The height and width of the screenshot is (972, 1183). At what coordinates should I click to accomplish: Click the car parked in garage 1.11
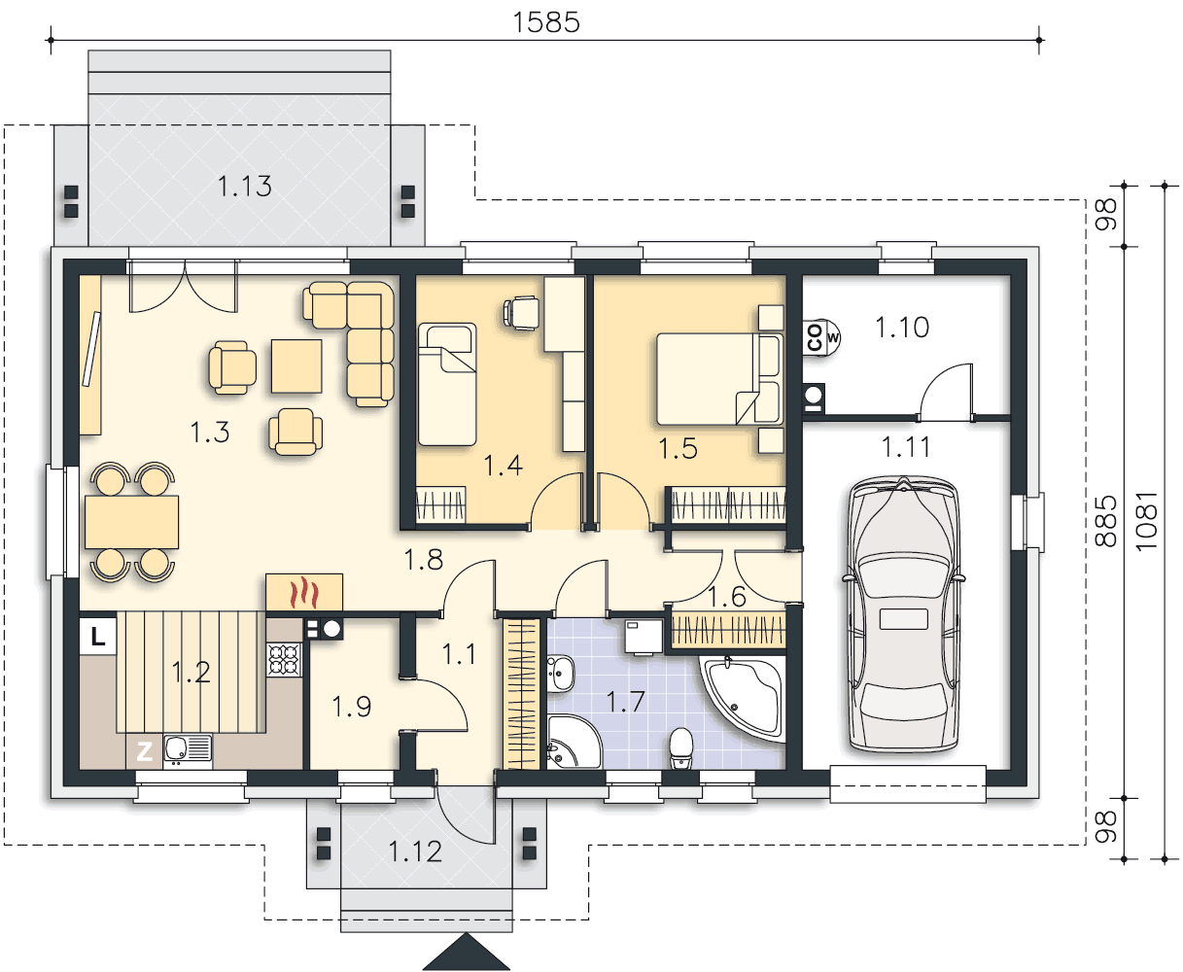click(903, 613)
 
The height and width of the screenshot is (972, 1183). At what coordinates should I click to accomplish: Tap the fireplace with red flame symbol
click(304, 592)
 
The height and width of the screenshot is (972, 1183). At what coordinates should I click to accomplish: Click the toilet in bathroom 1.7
click(681, 748)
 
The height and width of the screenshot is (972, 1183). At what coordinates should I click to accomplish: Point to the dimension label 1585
click(545, 22)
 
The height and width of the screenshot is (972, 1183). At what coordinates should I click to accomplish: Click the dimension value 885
click(1106, 521)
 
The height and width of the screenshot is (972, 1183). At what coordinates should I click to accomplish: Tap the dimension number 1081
click(1146, 521)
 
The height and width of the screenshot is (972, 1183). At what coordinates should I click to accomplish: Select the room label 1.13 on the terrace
click(245, 187)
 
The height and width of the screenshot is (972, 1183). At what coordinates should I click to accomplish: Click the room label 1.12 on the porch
click(415, 852)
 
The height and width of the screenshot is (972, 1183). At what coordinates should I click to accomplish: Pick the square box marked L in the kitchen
click(98, 636)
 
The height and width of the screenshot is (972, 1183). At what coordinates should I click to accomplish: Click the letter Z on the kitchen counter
click(144, 751)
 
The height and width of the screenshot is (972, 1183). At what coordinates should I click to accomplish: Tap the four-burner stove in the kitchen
click(285, 660)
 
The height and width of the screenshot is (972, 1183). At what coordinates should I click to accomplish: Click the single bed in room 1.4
click(447, 384)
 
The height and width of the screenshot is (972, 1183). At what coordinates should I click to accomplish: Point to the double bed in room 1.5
click(719, 378)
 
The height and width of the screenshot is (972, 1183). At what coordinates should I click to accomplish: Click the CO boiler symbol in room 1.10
click(820, 337)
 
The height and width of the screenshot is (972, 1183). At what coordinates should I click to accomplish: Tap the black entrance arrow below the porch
click(467, 952)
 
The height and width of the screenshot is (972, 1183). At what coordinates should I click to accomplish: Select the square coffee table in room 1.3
click(296, 365)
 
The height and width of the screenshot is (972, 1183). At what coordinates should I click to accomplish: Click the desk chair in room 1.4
click(522, 313)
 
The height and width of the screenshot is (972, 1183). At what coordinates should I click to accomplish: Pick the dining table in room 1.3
click(132, 522)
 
